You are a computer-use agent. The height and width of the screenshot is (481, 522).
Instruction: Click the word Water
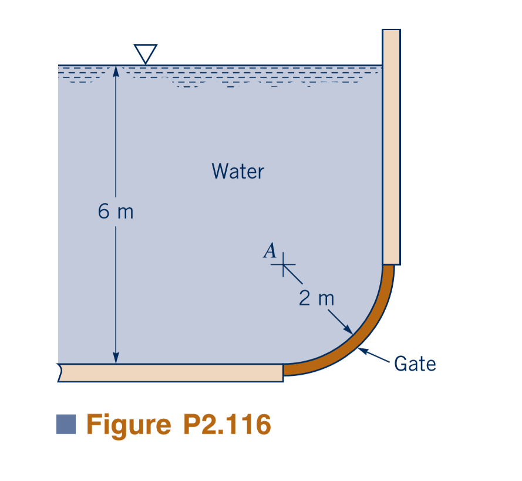[x=237, y=171]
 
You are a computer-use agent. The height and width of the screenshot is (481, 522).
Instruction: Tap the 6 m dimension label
[x=116, y=211]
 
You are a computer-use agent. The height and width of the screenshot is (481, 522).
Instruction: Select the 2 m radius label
[x=316, y=298]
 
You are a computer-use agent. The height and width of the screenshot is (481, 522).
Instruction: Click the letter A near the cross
[x=270, y=251]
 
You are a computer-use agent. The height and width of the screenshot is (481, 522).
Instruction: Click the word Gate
[x=415, y=364]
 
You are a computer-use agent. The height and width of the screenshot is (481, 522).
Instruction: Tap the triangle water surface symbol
[x=145, y=53]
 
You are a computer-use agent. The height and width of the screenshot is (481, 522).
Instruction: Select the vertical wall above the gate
[x=391, y=147]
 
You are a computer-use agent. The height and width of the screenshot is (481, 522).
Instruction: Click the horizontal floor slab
[x=170, y=372]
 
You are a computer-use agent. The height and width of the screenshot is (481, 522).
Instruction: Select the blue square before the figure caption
[x=66, y=424]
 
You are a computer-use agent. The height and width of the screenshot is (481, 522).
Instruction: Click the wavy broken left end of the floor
[x=60, y=372]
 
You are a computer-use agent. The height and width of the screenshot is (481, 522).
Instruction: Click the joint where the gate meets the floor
[x=284, y=369]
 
